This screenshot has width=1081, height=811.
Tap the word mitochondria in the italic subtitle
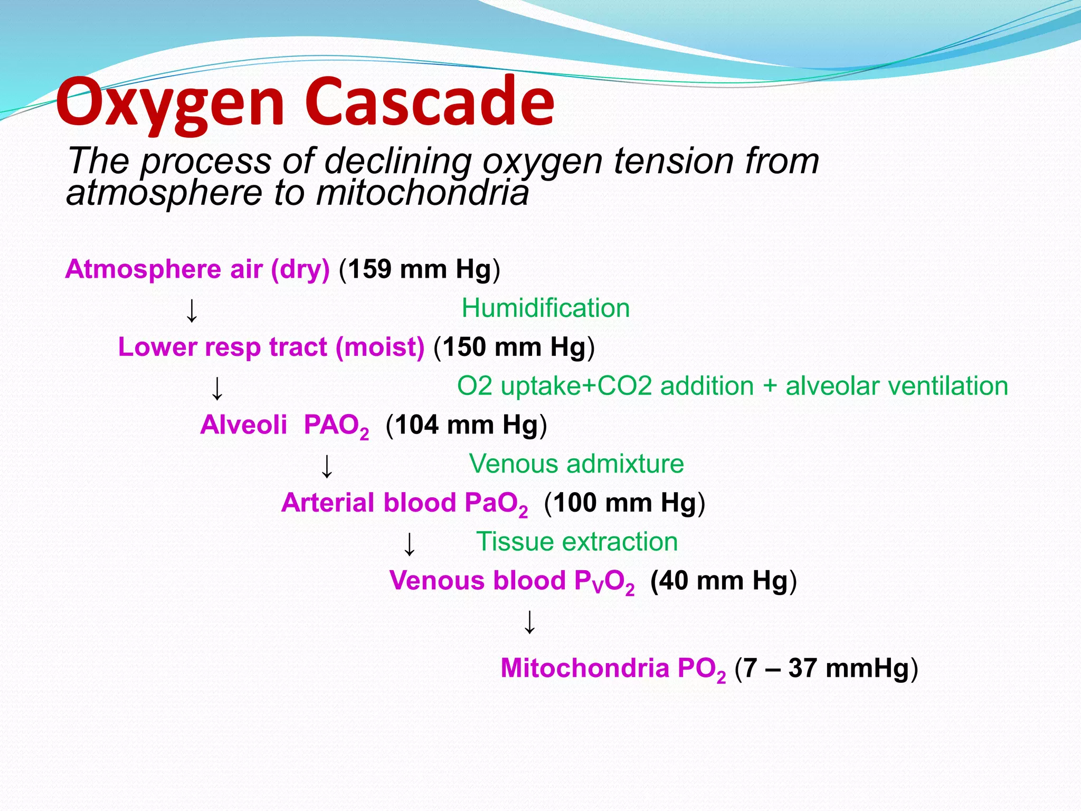(422, 193)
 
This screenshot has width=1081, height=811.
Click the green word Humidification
(545, 308)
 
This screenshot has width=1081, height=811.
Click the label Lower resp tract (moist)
(271, 347)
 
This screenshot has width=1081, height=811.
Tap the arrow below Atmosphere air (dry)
(192, 310)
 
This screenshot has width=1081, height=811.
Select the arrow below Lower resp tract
(217, 389)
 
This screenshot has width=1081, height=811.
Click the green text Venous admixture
(576, 464)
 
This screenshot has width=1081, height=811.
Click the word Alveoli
(243, 425)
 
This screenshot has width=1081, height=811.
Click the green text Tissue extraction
(576, 542)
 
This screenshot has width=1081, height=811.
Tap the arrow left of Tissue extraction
(409, 544)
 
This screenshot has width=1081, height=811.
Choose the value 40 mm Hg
(723, 581)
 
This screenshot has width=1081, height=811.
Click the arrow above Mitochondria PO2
(529, 622)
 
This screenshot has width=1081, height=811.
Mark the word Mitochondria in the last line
(585, 668)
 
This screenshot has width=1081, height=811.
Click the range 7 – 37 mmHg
(826, 668)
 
